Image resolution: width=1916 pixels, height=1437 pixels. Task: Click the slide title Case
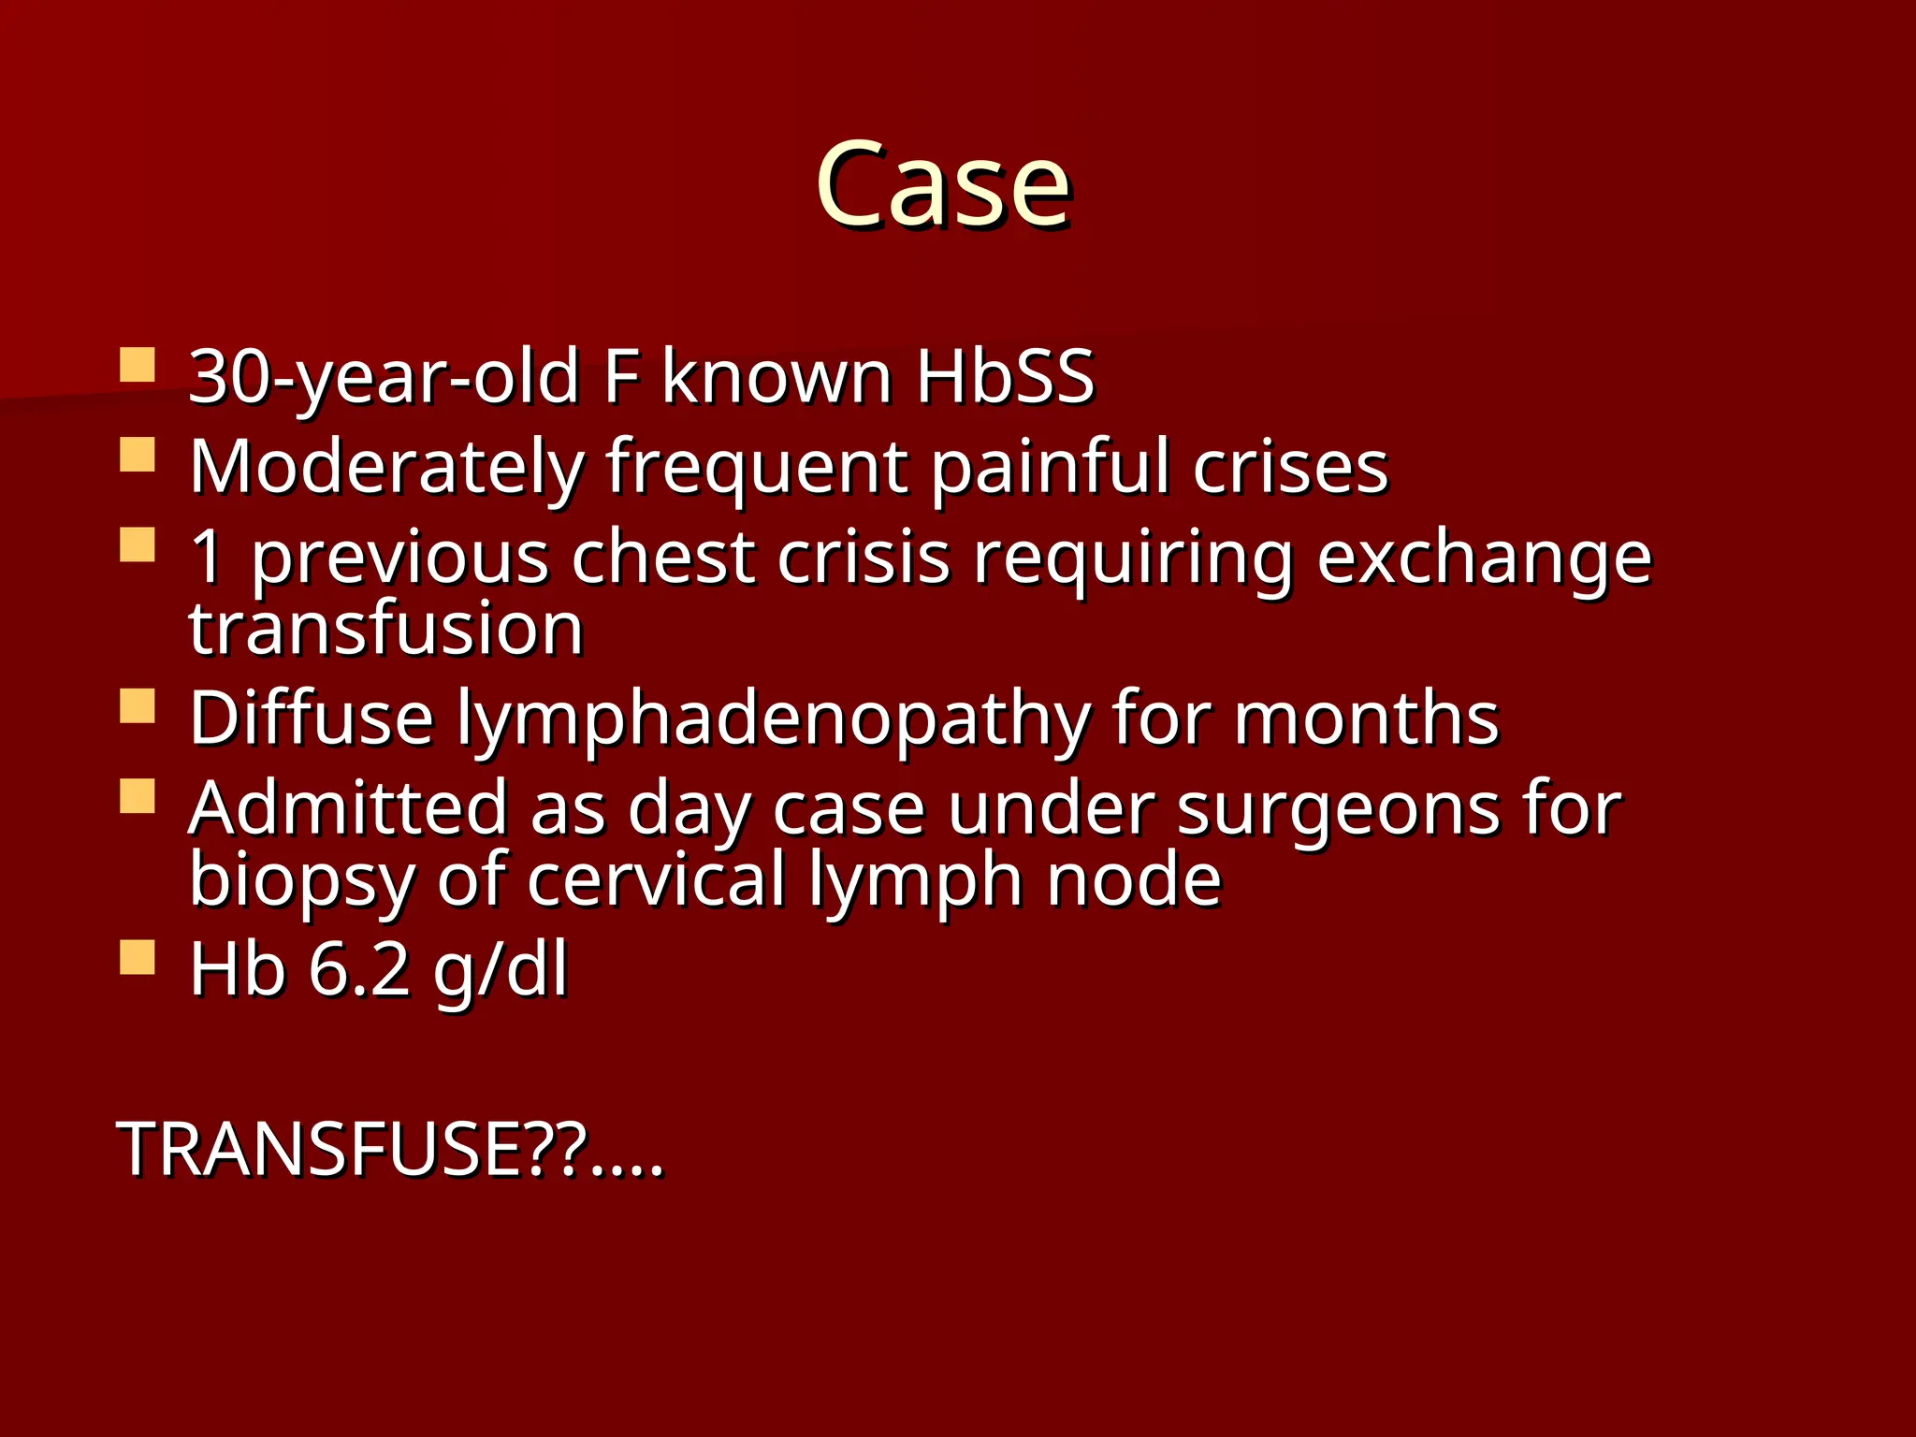tap(943, 184)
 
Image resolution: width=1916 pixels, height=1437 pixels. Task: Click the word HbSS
tap(1005, 377)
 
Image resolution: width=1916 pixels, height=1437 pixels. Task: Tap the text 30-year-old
tap(384, 377)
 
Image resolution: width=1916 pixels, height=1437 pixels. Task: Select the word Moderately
tap(386, 467)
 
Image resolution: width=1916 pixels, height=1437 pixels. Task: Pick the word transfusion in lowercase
tap(386, 629)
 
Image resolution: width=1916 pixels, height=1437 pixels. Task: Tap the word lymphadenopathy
tap(773, 718)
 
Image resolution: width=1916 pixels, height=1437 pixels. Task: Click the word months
tap(1366, 718)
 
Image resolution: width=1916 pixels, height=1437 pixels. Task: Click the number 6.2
tap(359, 970)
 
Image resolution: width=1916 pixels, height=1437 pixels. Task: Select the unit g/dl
tap(501, 970)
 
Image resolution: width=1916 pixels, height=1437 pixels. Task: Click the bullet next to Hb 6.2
tap(138, 958)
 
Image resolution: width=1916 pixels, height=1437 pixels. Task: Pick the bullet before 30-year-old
tap(138, 365)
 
